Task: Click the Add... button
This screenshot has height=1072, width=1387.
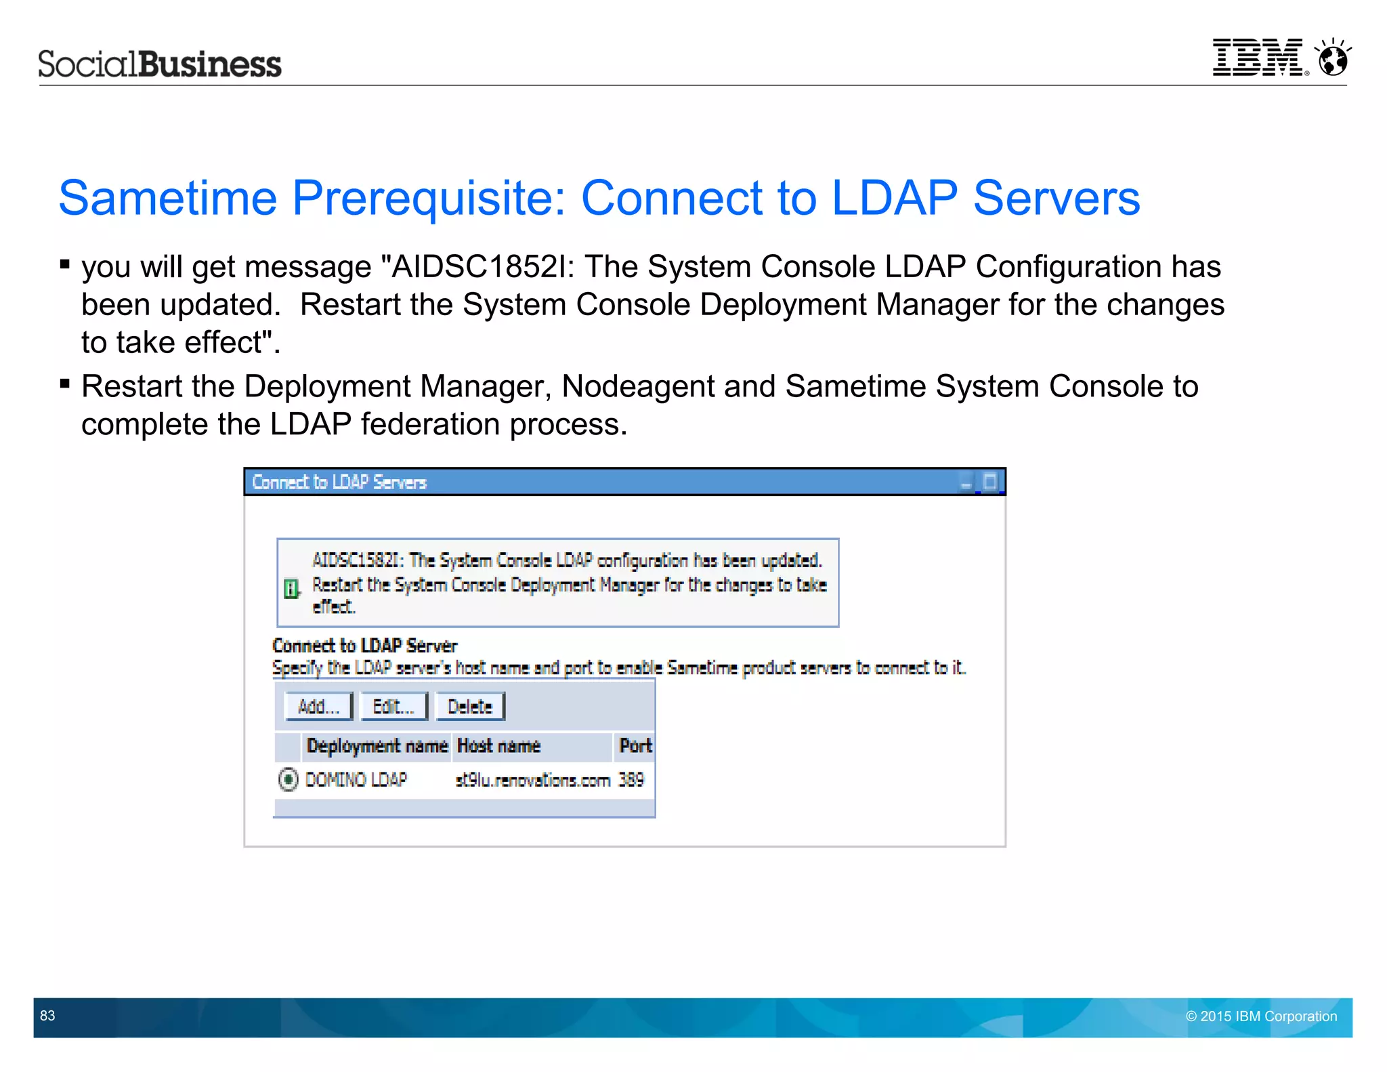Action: (318, 707)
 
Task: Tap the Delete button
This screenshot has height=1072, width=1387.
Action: (470, 707)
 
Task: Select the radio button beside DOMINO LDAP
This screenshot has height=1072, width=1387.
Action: (288, 779)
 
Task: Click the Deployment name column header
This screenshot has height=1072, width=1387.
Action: (377, 746)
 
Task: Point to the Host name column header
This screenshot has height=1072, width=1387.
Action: (499, 746)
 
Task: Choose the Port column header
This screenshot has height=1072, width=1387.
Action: (635, 746)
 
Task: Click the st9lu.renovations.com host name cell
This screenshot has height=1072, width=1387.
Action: (533, 780)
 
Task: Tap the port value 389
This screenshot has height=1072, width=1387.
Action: (631, 780)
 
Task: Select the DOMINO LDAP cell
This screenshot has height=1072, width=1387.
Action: (356, 780)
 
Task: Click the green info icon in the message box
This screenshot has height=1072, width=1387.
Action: (291, 588)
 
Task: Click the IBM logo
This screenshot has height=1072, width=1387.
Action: (1258, 58)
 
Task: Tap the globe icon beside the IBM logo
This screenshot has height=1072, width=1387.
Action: (1333, 58)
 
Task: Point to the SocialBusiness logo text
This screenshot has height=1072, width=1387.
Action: (160, 64)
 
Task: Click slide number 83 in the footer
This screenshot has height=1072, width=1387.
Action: (47, 1016)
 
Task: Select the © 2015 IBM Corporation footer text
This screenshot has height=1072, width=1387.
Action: (1261, 1016)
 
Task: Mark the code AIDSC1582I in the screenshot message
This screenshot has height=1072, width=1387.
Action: (357, 560)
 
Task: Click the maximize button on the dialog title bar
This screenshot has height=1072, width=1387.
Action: (990, 482)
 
